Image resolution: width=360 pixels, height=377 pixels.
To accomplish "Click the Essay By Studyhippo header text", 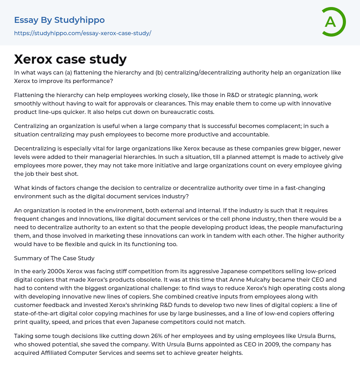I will (59, 20).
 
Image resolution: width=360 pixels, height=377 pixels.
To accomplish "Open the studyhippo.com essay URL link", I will (83, 33).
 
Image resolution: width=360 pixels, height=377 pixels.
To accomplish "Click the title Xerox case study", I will (70, 59).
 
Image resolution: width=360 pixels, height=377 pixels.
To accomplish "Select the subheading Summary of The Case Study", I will (54, 258).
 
